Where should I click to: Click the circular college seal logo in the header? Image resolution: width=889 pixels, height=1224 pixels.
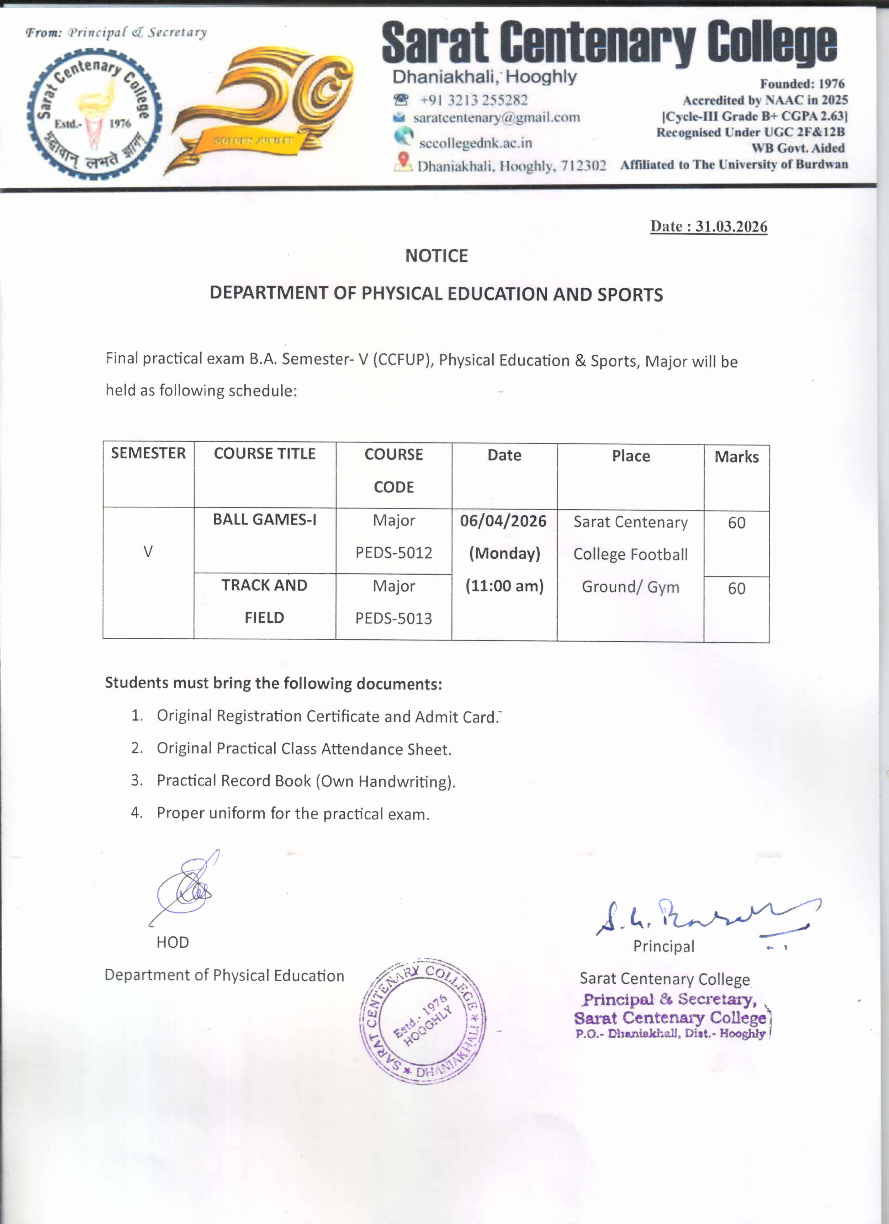click(x=95, y=115)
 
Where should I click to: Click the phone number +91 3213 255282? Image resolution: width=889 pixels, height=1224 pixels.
click(x=473, y=100)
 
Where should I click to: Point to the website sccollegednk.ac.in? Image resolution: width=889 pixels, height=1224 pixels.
click(x=475, y=143)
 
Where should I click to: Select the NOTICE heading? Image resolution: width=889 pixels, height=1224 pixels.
click(x=436, y=255)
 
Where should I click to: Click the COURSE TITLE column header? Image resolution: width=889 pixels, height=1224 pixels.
click(x=264, y=453)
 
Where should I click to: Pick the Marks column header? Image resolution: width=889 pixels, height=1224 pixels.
click(x=736, y=457)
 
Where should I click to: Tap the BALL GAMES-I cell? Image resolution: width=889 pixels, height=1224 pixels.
click(x=264, y=519)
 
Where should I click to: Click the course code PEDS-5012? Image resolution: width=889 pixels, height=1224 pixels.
click(x=393, y=553)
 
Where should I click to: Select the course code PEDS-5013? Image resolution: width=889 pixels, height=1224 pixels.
click(x=393, y=618)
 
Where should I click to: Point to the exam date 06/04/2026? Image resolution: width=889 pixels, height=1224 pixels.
click(x=503, y=521)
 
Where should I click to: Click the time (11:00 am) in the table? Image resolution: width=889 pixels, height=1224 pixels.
click(x=504, y=586)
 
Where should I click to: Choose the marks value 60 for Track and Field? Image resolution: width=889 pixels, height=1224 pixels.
click(x=736, y=588)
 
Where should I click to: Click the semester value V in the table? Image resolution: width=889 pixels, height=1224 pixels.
click(x=148, y=552)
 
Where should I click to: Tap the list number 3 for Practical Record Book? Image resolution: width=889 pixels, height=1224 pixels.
click(x=137, y=781)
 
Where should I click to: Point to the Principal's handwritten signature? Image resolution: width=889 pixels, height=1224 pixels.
click(x=702, y=917)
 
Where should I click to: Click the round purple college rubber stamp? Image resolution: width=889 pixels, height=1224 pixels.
click(x=423, y=1022)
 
